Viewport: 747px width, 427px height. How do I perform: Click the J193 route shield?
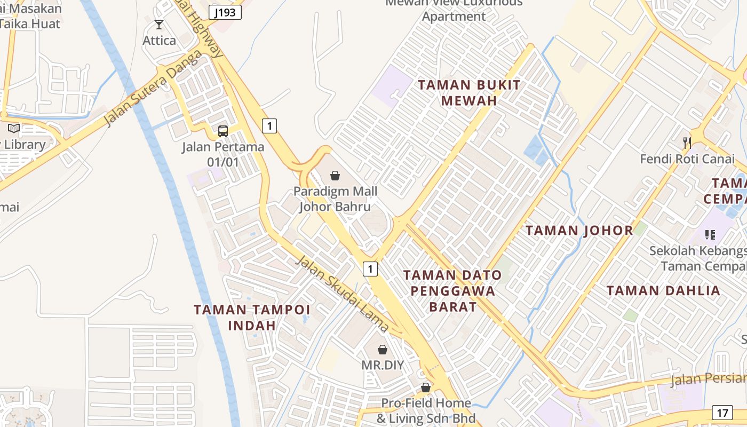coord(225,12)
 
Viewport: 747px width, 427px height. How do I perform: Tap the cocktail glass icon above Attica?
coord(158,24)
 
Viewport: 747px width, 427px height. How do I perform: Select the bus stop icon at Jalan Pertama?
coord(223,131)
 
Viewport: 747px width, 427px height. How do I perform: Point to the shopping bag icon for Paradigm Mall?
coord(335,175)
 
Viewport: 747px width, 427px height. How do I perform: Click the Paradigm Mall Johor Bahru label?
coord(335,199)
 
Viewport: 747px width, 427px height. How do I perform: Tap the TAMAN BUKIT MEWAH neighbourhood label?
coord(469,92)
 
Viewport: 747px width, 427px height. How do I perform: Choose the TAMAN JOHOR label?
coord(579,231)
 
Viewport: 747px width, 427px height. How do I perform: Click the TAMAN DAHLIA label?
coord(663,291)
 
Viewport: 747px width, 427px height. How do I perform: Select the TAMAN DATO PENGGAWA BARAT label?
coord(452,291)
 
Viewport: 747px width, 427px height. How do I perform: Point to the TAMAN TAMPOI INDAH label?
coord(252,317)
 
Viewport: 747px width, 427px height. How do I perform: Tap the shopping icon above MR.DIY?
coord(383,350)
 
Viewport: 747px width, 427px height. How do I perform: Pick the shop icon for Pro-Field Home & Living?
coord(425,388)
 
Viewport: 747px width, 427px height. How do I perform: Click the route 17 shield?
coord(722,413)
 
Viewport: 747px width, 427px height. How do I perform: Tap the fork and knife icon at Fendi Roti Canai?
coord(687,143)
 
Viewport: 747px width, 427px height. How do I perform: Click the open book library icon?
coord(13,128)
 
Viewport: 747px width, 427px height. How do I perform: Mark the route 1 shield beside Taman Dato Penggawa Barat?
coord(370,268)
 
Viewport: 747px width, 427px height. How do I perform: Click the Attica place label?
coord(159,41)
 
